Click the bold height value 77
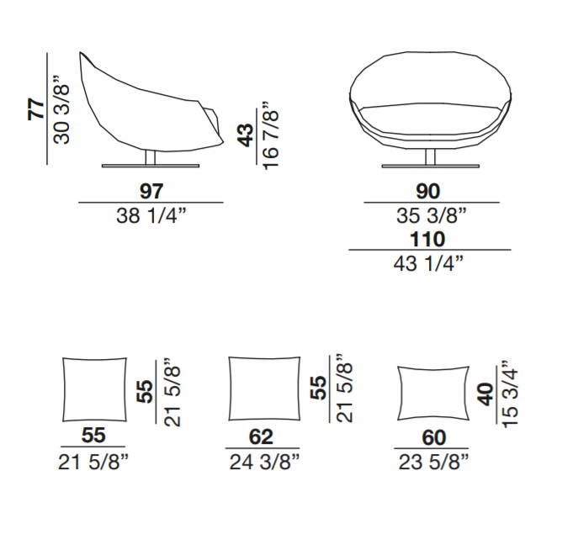point(36,108)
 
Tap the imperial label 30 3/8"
point(61,109)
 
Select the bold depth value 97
point(151,191)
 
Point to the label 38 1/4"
point(151,215)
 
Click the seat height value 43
point(246,135)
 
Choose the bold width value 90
point(428,191)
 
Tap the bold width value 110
point(427,239)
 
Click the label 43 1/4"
point(428,264)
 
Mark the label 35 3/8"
point(432,215)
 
